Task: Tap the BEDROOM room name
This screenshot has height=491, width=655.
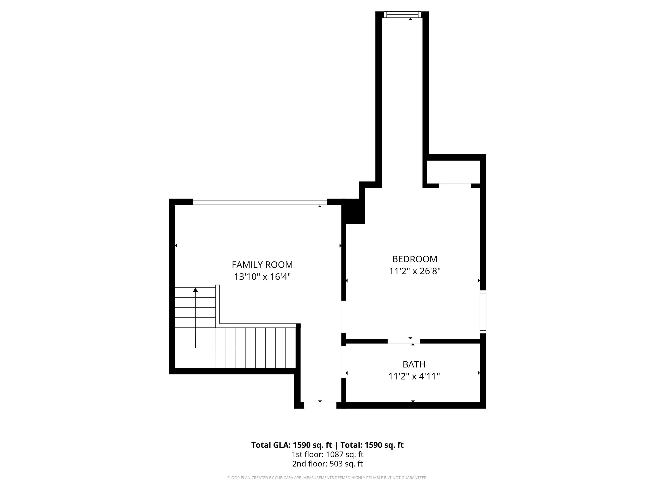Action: (x=415, y=259)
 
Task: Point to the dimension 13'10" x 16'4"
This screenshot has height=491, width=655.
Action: (x=262, y=277)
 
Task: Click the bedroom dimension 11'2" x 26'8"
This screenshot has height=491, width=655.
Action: (x=415, y=271)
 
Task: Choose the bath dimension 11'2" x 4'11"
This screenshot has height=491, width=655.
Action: (x=414, y=376)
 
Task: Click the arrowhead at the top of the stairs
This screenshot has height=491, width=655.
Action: (x=195, y=290)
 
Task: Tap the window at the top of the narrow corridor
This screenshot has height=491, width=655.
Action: (x=402, y=14)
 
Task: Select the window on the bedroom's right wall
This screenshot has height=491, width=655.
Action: (x=483, y=312)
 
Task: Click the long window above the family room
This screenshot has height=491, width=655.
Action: (x=260, y=203)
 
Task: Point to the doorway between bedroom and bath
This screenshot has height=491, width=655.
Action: (x=404, y=341)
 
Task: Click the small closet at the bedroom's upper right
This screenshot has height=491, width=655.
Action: (x=453, y=172)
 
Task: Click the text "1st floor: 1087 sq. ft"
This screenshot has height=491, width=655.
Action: (x=327, y=454)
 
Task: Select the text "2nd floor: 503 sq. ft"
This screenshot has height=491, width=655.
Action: (x=327, y=464)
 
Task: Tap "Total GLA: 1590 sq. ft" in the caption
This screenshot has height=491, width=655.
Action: (x=292, y=445)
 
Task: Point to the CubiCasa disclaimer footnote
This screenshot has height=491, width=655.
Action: (x=327, y=478)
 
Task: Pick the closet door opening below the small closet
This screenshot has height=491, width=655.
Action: (x=455, y=185)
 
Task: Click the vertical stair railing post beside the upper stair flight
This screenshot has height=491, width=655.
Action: (x=218, y=306)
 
